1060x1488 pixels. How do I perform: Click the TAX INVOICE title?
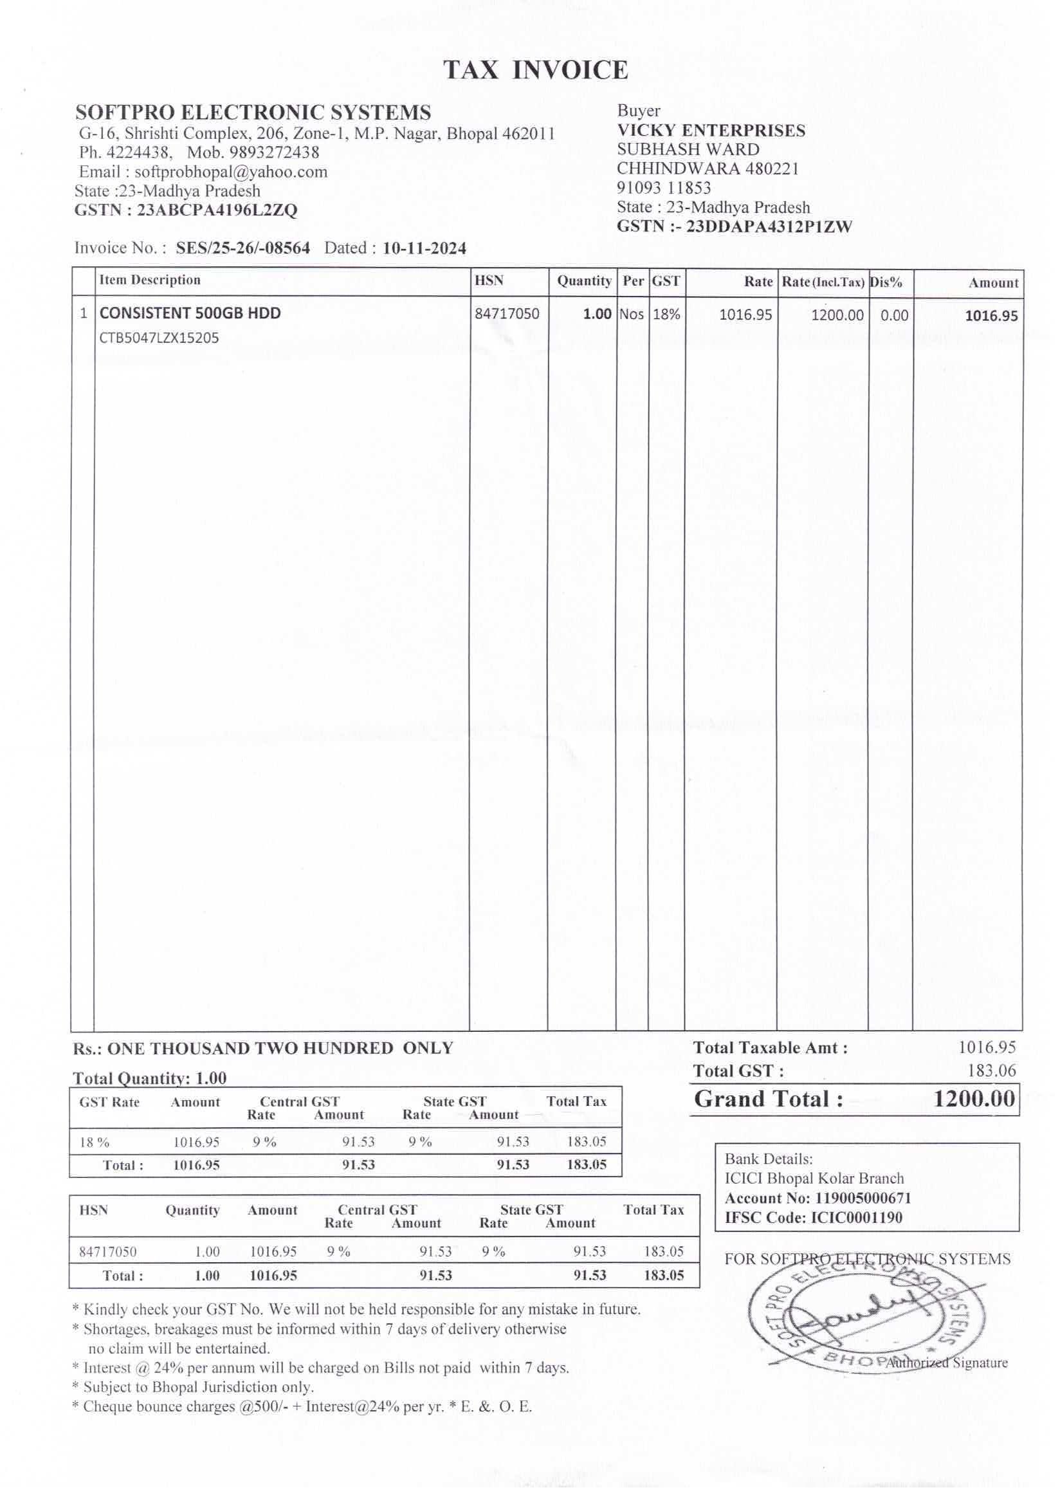point(535,70)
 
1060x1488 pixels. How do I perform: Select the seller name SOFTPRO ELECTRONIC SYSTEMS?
point(253,112)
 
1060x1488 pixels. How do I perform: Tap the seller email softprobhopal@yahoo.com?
point(230,172)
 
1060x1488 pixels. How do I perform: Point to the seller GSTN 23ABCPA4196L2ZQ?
point(217,210)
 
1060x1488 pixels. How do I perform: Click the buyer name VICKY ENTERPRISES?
point(711,131)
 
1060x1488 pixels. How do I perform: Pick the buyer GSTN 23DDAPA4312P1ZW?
point(768,226)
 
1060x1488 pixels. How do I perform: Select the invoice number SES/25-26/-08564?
point(242,248)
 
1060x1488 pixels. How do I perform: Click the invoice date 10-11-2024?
point(425,248)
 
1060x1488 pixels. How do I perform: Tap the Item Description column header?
point(149,280)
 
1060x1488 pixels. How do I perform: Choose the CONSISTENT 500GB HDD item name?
point(190,313)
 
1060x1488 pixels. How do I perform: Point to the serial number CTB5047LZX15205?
point(159,338)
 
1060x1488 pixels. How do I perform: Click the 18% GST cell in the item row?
point(666,315)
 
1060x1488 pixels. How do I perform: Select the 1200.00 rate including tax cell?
point(837,315)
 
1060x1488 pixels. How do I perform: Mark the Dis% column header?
point(886,282)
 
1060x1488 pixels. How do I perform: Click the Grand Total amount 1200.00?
point(974,1098)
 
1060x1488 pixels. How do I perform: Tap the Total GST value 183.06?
point(991,1070)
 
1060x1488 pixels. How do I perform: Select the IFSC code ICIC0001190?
point(856,1218)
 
